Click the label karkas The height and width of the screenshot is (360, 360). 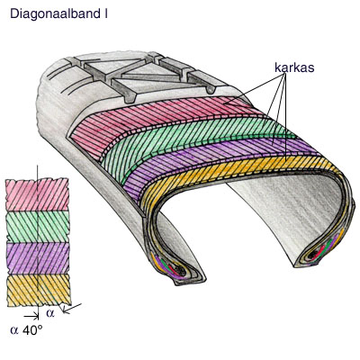pos(294,67)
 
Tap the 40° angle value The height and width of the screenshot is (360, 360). pos(32,330)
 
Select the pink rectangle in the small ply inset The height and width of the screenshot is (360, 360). pos(37,194)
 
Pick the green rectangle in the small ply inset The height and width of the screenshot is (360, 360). pos(38,227)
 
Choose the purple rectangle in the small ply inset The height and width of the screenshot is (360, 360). pos(38,258)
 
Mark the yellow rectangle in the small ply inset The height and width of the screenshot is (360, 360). pos(39,290)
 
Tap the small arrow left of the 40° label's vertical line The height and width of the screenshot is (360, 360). pos(31,316)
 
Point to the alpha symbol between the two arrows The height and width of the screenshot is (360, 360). pos(50,313)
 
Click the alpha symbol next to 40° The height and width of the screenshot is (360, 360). pos(14,330)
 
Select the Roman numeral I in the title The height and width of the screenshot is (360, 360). pos(106,14)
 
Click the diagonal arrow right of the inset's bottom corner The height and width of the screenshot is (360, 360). pos(72,309)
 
